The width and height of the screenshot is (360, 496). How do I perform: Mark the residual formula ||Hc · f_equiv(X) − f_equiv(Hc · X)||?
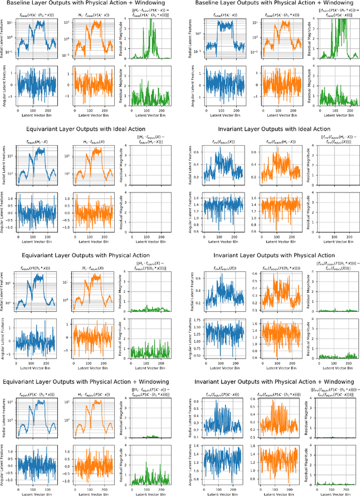(141, 138)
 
